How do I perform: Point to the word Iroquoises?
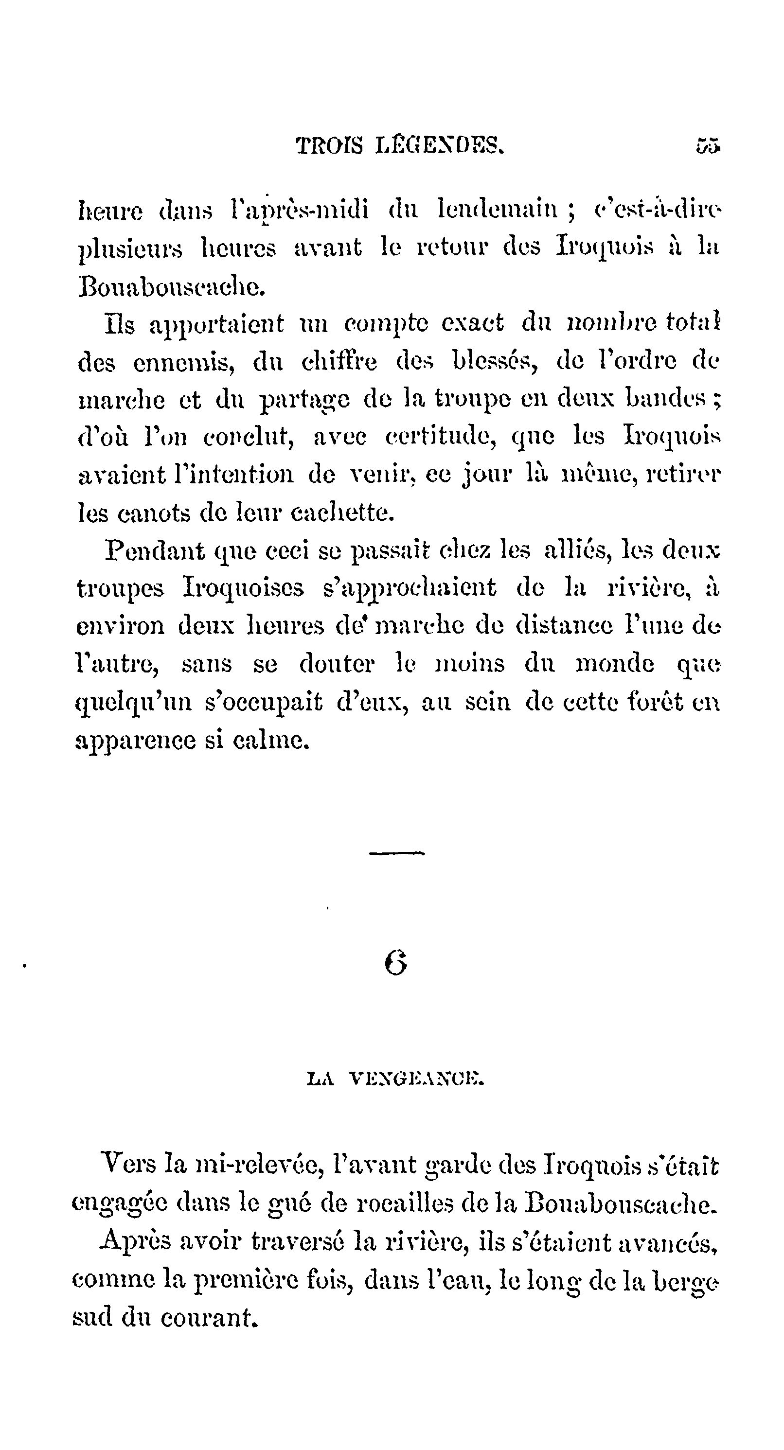coord(243,588)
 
